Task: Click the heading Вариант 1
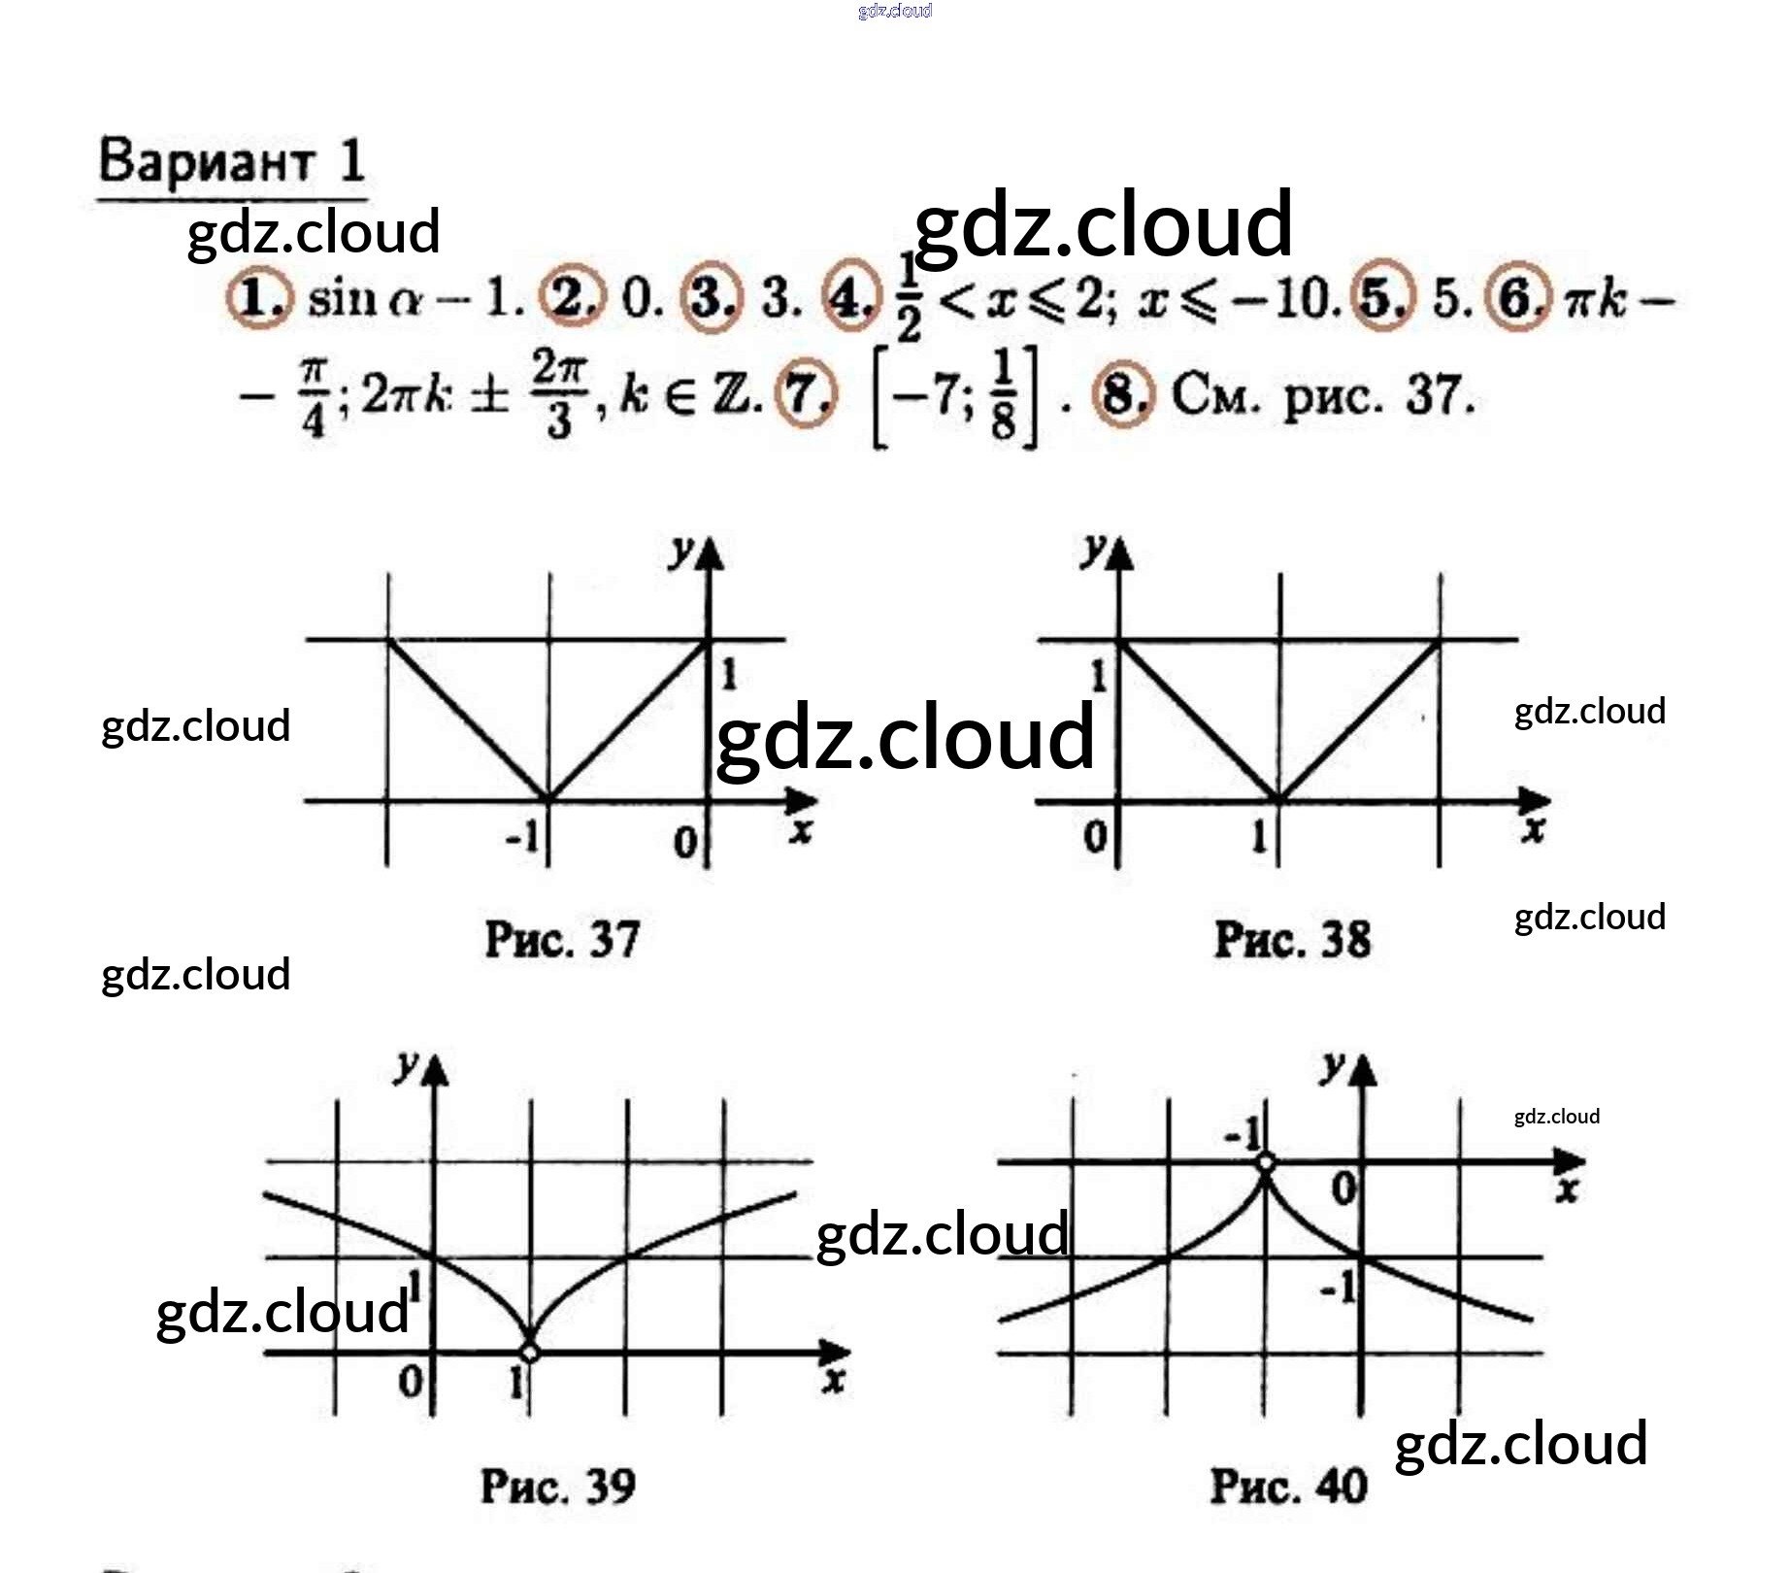point(232,161)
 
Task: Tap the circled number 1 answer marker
point(257,297)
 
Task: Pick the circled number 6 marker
point(1521,298)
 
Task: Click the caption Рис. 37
point(562,940)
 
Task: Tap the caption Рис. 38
point(1292,940)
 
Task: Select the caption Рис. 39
point(558,1487)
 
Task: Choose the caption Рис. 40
point(1288,1487)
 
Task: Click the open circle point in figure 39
point(530,1352)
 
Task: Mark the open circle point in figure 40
point(1266,1161)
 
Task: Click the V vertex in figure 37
point(548,800)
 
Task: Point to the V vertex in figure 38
point(1279,800)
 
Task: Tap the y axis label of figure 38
point(1094,549)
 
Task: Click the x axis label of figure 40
point(1567,1190)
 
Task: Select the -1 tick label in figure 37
point(523,836)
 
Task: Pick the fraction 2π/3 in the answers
point(559,395)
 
